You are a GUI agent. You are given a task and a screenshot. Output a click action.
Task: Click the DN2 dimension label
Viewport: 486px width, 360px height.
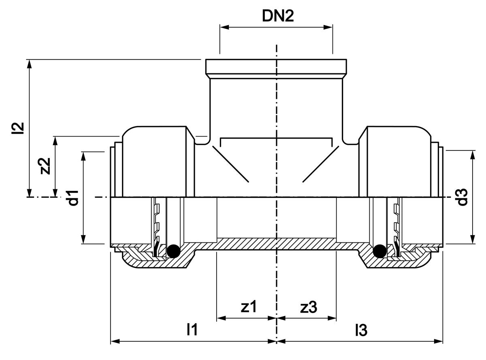pyautogui.click(x=278, y=16)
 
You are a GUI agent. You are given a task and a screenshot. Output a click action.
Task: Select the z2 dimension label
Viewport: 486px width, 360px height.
pyautogui.click(x=45, y=166)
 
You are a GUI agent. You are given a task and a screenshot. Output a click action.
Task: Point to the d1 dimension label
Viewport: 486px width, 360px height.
pyautogui.click(x=73, y=198)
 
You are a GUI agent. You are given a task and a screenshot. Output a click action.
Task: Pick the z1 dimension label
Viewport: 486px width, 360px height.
pyautogui.click(x=249, y=307)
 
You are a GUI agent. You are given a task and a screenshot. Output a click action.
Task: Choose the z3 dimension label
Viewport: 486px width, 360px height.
pyautogui.click(x=309, y=307)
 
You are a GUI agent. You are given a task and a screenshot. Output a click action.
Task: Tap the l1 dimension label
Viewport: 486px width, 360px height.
pyautogui.click(x=192, y=330)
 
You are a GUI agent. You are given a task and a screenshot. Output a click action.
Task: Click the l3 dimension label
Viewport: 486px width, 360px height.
pyautogui.click(x=361, y=330)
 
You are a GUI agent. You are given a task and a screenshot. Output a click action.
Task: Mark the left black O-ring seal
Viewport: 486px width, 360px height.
pyautogui.click(x=173, y=251)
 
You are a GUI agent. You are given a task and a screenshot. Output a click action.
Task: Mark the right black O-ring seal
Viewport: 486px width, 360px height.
pyautogui.click(x=380, y=251)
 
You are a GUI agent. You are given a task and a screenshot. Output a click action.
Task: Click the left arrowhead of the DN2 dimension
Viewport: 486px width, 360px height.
pyautogui.click(x=224, y=27)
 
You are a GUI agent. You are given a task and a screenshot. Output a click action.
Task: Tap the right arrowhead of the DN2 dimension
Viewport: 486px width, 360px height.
pyautogui.click(x=328, y=27)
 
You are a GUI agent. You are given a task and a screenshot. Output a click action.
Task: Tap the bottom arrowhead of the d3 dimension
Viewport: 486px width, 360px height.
pyautogui.click(x=473, y=239)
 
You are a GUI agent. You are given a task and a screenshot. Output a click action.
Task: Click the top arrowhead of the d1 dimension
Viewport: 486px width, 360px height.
pyautogui.click(x=83, y=156)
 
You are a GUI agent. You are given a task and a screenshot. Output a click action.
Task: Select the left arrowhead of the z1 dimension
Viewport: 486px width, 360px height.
pyautogui.click(x=221, y=318)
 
